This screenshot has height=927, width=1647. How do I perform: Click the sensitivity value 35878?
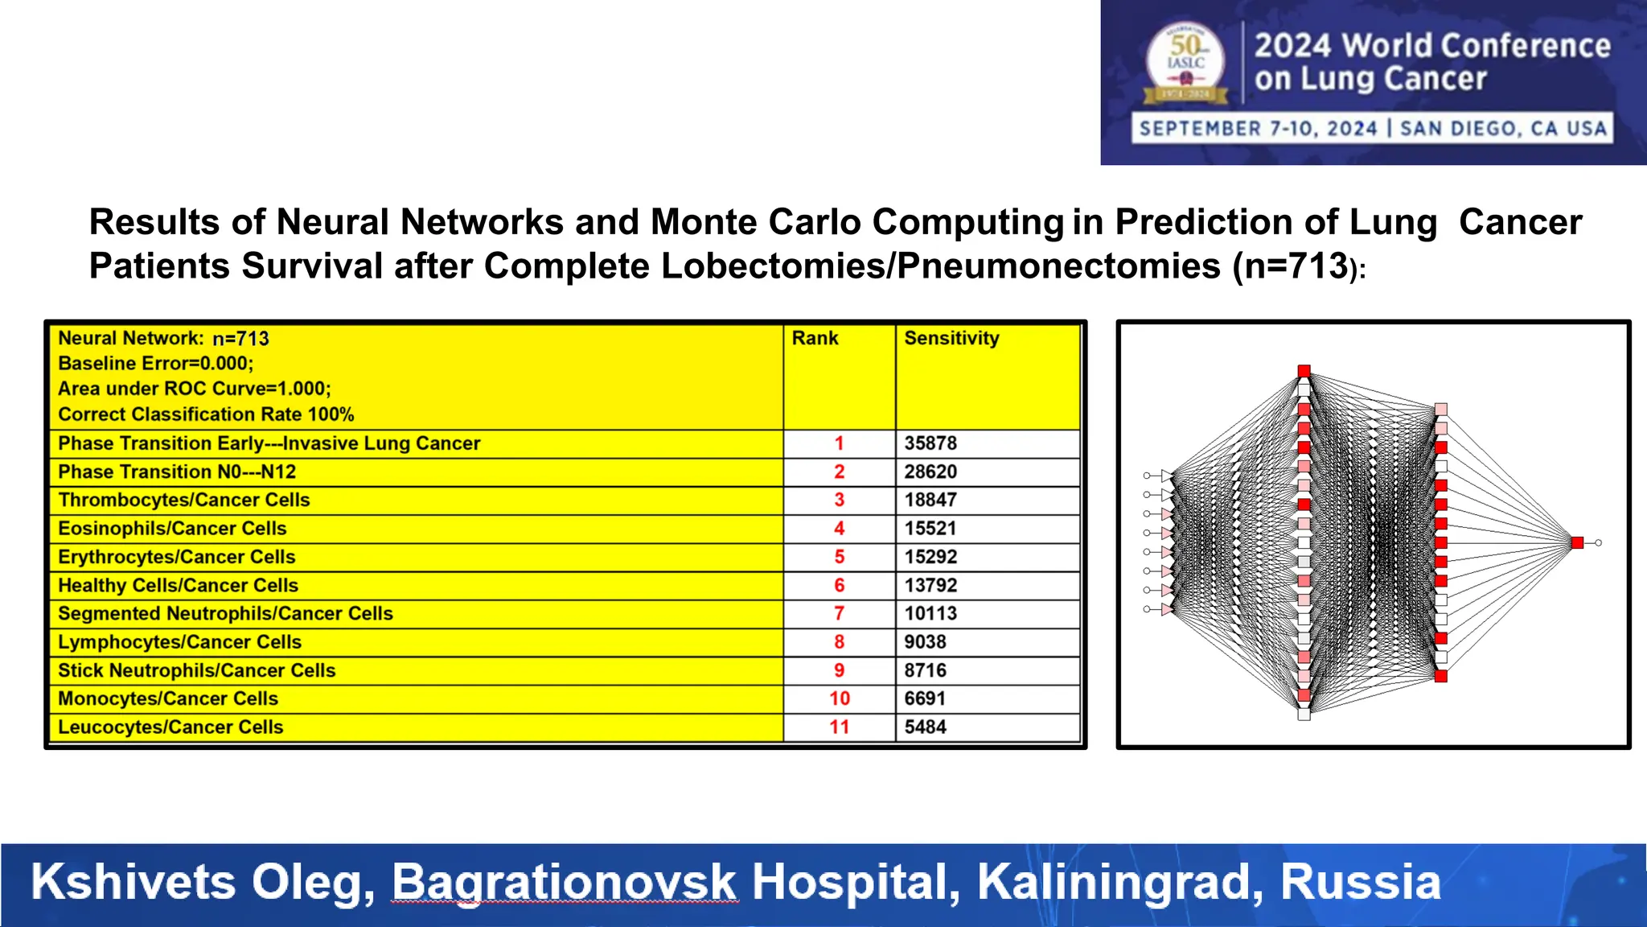tap(930, 443)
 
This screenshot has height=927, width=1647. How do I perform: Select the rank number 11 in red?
tap(839, 727)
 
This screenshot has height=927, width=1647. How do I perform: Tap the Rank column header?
tap(815, 339)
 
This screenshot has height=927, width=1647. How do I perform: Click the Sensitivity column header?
tap(951, 339)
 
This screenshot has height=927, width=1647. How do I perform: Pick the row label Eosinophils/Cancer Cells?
tap(172, 529)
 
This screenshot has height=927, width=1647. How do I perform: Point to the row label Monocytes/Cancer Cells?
tap(168, 699)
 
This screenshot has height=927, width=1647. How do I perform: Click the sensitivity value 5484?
tap(925, 727)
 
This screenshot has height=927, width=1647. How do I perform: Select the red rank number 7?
tap(839, 614)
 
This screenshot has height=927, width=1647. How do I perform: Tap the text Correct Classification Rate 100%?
tap(206, 414)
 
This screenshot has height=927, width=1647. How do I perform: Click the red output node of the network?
tap(1577, 543)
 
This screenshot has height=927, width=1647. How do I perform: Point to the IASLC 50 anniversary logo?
tap(1186, 63)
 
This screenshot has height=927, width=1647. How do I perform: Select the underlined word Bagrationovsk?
tap(564, 882)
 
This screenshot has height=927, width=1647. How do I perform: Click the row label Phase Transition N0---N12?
tap(177, 472)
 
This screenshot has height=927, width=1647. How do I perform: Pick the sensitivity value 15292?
tap(930, 557)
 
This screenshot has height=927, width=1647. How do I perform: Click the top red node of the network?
tap(1304, 371)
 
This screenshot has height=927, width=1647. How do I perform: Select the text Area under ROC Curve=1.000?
tap(194, 389)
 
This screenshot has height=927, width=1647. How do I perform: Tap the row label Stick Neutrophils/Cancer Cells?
tap(196, 671)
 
